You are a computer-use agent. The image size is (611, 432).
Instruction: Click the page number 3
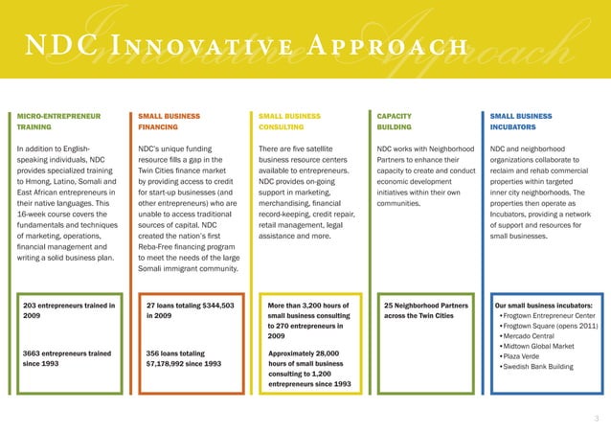(x=597, y=418)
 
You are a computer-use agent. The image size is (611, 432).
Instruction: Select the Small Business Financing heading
(x=169, y=121)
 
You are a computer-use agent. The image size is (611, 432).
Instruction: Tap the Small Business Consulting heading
(x=290, y=121)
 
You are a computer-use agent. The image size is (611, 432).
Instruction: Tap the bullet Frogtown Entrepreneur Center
(x=549, y=316)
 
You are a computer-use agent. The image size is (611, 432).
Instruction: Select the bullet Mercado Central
(x=531, y=336)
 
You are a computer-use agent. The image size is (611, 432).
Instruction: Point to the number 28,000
(x=328, y=353)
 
